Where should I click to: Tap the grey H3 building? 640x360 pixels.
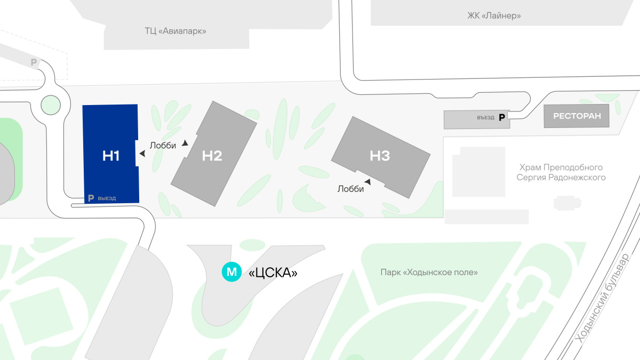coord(380,155)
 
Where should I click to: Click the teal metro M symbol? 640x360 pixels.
coord(232,272)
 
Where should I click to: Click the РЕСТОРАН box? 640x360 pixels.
coord(577,116)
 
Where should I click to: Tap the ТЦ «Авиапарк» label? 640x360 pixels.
coord(175,31)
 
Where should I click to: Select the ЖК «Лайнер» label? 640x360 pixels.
coord(494,16)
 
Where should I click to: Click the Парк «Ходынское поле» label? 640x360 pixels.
coord(429,273)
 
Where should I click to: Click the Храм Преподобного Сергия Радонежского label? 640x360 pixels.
coord(561,172)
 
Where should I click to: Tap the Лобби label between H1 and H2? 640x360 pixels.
coord(163,146)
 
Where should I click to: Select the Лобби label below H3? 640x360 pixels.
coord(351,189)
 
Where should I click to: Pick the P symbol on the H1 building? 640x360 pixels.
coord(91,198)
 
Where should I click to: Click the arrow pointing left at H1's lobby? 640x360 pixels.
coord(142,154)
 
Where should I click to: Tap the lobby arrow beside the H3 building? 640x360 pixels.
coord(367,182)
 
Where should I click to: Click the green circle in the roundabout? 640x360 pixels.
coord(51,105)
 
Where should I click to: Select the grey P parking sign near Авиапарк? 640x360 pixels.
coord(34,63)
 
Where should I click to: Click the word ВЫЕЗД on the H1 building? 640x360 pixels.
coord(107,198)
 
